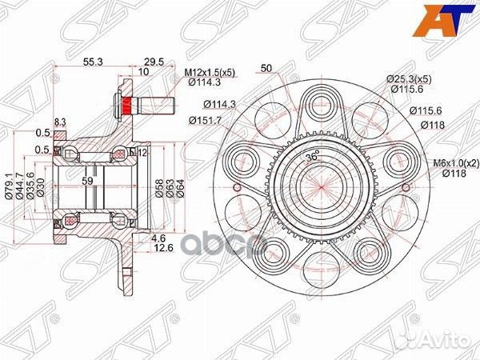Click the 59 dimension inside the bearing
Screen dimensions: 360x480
[x=87, y=182]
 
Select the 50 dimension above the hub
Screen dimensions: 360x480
[x=266, y=68]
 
